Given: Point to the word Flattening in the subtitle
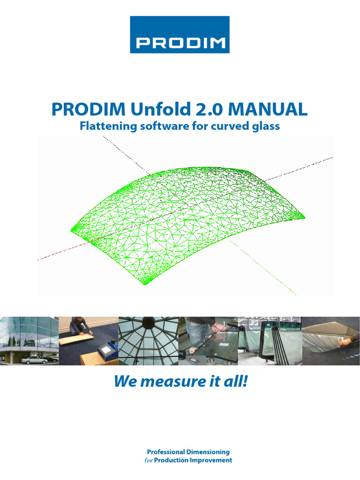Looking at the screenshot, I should (106, 126).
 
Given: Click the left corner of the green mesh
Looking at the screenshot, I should (73, 229).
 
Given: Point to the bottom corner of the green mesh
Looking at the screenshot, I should (143, 284).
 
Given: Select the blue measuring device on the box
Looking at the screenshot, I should (107, 349).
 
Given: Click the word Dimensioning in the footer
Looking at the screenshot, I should (208, 452).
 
